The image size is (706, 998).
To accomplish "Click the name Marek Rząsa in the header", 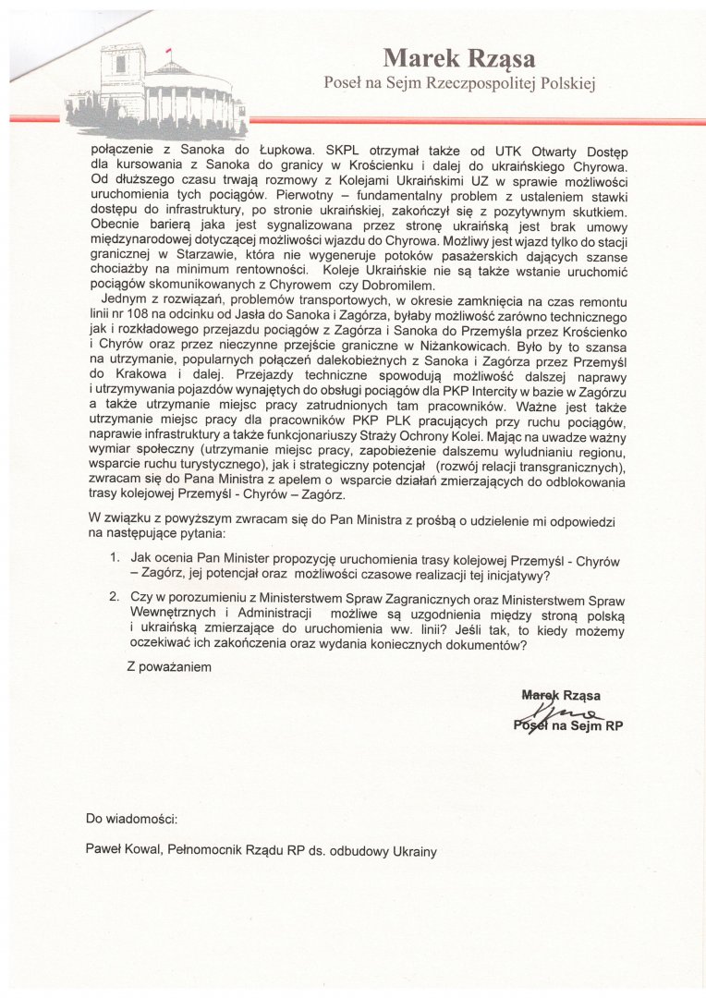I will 458,59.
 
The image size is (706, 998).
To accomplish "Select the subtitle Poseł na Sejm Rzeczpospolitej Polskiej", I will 459,84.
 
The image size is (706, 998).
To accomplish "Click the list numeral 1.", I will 114,559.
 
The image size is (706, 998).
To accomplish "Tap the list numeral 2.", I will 114,598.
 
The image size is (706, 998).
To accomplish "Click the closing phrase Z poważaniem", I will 171,667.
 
